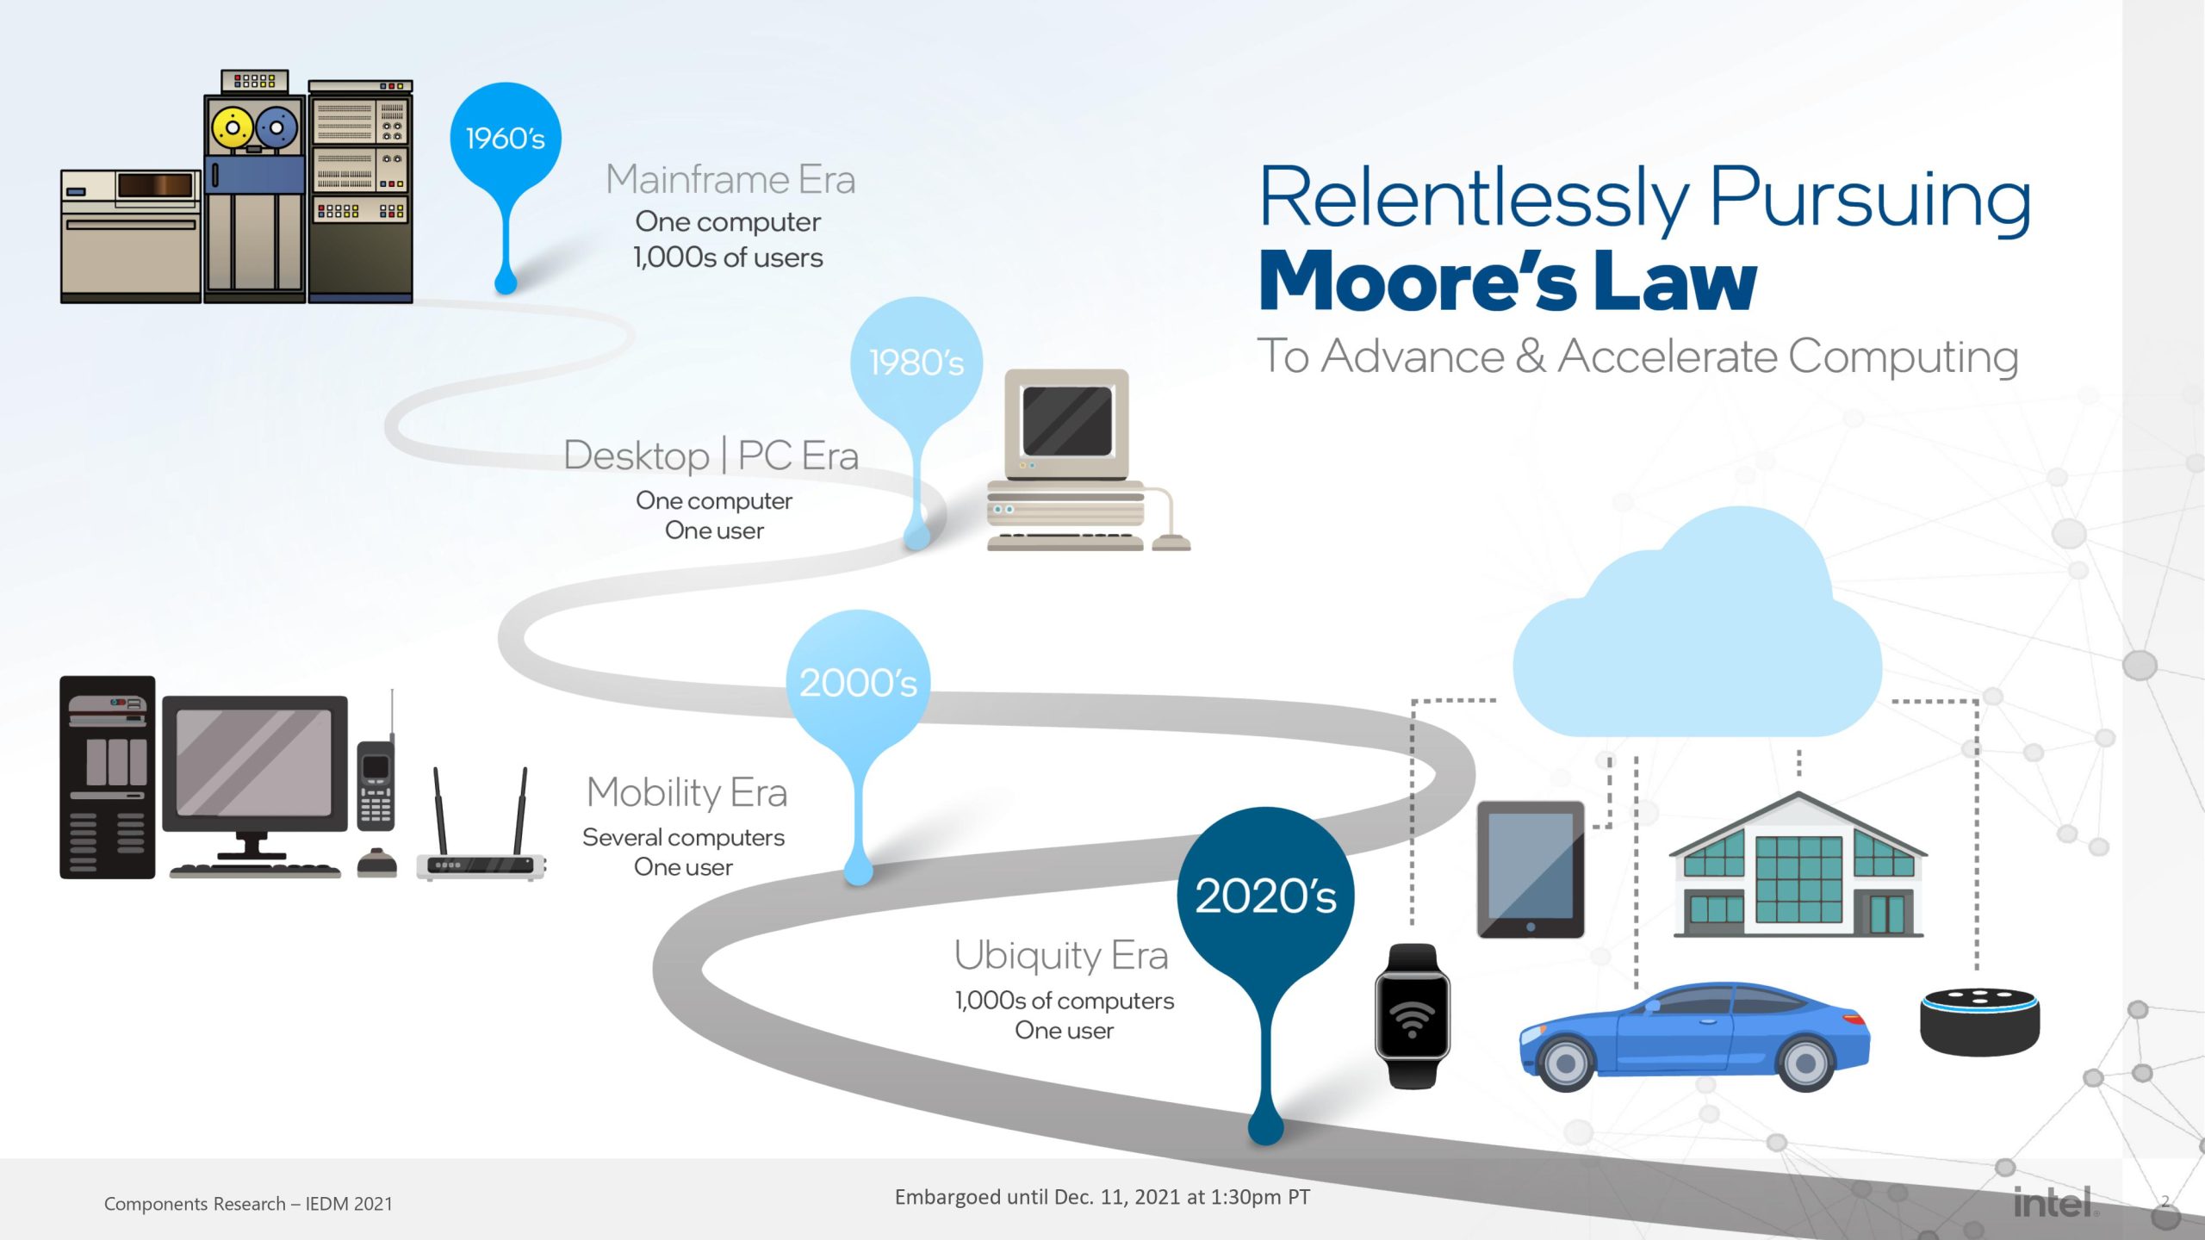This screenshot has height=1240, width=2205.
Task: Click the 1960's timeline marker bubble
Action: (x=506, y=139)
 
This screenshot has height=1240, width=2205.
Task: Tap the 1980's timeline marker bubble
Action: (x=916, y=363)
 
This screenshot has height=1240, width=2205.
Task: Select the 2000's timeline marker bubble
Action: (x=858, y=682)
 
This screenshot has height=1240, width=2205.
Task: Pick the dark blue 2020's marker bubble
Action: (x=1265, y=896)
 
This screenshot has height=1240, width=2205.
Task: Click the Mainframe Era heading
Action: (x=730, y=180)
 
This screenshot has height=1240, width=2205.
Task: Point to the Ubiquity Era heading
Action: (x=1061, y=956)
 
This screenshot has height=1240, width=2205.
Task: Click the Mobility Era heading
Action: (x=687, y=792)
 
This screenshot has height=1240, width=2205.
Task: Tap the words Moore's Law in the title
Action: (x=1507, y=282)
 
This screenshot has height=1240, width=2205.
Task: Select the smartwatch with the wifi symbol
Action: (x=1413, y=1016)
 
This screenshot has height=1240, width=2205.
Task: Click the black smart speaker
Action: (x=1979, y=1022)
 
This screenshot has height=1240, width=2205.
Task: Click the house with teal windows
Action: (x=1798, y=870)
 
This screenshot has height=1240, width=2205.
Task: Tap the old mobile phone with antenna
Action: (x=376, y=784)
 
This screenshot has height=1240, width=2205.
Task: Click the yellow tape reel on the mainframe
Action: (x=232, y=128)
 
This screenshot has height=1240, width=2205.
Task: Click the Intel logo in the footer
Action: (x=2053, y=1202)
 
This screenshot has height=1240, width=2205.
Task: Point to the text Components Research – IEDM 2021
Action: (x=248, y=1204)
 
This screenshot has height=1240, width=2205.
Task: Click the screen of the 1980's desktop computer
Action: (x=1066, y=421)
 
